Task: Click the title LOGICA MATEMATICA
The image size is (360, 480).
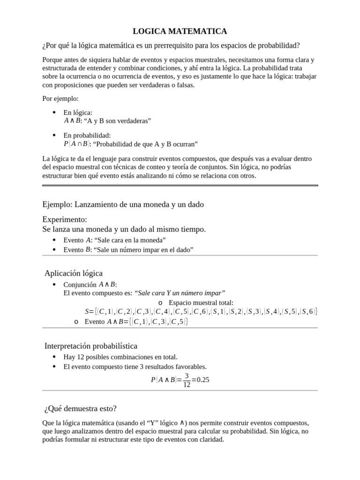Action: click(x=180, y=31)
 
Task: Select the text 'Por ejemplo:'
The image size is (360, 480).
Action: click(x=60, y=99)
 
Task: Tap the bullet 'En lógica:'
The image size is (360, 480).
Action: click(x=78, y=113)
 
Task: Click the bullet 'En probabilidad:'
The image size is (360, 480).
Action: click(x=87, y=135)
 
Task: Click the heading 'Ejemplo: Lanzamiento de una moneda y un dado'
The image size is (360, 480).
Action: click(x=123, y=205)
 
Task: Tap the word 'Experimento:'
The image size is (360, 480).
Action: click(x=65, y=219)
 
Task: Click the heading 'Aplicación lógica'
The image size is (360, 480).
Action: click(x=74, y=273)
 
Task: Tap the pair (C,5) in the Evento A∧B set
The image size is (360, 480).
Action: click(x=179, y=322)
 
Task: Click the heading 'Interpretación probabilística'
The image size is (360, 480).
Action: click(x=91, y=346)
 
